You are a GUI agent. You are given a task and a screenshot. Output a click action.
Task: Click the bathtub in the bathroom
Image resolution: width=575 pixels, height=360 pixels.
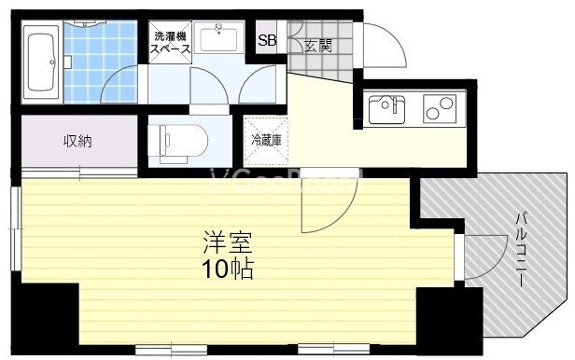(x=41, y=62)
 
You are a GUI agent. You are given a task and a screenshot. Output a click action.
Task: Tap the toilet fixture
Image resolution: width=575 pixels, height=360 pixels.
(x=177, y=141)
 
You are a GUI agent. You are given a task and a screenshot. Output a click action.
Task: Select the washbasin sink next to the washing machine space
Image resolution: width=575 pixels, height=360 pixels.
(x=219, y=37)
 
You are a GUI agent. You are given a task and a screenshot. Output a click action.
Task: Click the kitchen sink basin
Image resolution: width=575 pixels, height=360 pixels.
(x=386, y=109)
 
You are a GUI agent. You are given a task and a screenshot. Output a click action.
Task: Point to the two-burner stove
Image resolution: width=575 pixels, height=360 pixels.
(x=440, y=109)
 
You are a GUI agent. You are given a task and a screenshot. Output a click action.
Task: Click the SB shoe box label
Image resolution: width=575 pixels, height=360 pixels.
(x=267, y=40)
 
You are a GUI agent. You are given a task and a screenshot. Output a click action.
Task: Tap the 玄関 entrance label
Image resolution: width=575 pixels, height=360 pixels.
(x=318, y=46)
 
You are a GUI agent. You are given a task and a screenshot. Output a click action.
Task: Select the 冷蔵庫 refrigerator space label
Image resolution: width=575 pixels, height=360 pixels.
(x=267, y=140)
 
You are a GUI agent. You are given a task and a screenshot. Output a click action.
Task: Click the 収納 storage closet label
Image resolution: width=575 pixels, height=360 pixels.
(x=78, y=141)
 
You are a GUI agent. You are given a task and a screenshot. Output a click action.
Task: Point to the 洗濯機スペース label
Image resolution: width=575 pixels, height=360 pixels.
(x=171, y=42)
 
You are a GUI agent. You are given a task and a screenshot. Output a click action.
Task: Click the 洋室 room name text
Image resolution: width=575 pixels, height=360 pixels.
(x=228, y=242)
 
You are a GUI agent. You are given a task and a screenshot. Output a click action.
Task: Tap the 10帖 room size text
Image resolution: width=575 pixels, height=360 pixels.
(x=228, y=270)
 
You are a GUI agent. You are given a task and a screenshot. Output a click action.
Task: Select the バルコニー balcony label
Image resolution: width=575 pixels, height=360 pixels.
(x=522, y=250)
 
